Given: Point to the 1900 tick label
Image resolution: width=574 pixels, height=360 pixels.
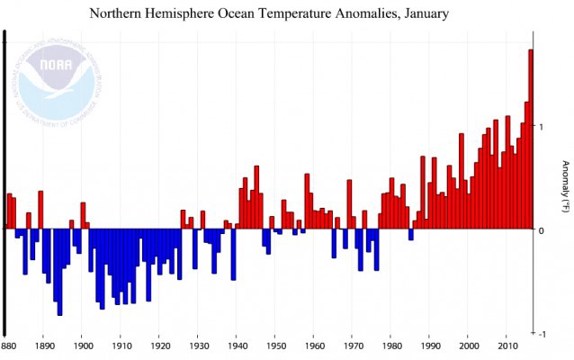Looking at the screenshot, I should pos(82,345).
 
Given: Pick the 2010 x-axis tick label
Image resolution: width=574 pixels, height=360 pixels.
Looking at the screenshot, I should pos(507,345).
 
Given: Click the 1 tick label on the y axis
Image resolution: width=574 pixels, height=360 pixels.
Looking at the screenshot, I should pos(541,127).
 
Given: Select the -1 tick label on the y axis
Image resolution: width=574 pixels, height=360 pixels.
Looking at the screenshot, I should pos(541,334).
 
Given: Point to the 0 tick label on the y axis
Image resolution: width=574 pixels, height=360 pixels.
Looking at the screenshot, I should pos(541,230).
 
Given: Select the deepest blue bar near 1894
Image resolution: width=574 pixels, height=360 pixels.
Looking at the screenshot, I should pos(59,273).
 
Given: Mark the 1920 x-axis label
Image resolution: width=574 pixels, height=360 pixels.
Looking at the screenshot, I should pos(159,345).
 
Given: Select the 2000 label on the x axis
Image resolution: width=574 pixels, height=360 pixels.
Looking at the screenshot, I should pos(468,345).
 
